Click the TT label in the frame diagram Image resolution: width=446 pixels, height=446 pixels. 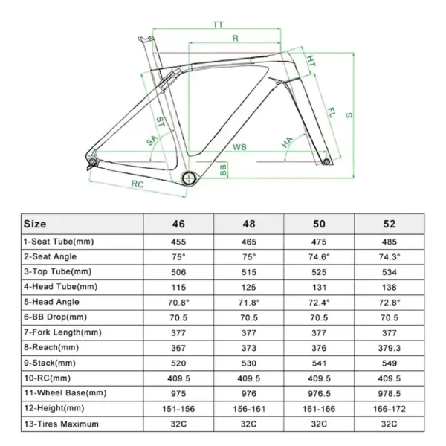point(218,25)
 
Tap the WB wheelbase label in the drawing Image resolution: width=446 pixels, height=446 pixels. point(239,147)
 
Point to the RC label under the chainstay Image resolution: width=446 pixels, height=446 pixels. point(137,183)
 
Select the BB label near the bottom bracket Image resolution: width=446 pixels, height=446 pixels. point(223,170)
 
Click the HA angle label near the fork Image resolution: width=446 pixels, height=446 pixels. point(285,141)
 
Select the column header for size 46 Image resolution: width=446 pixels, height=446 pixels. point(178,223)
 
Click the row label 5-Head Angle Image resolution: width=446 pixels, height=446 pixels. point(51,302)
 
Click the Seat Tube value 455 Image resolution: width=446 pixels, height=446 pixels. point(178,241)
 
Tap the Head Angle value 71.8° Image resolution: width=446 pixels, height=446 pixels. point(249,302)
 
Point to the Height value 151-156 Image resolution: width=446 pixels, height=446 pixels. point(178,409)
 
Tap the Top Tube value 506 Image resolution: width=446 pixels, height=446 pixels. point(178,271)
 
